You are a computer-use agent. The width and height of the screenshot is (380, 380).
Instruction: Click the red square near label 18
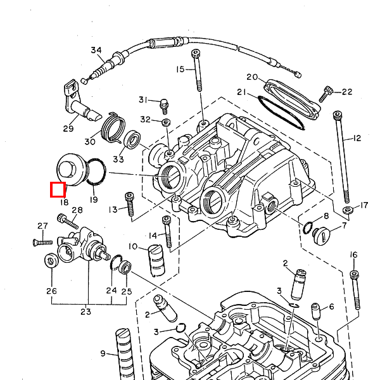(x=58, y=189)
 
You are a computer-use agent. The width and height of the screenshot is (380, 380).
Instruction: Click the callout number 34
(x=96, y=51)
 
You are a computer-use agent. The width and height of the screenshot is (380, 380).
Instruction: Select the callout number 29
(x=68, y=129)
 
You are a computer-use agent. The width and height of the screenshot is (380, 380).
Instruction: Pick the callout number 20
(x=252, y=77)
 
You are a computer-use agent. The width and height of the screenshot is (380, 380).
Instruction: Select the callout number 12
(x=357, y=138)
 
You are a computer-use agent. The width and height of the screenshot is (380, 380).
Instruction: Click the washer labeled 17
(x=347, y=210)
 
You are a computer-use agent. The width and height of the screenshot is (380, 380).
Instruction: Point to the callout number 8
(x=326, y=216)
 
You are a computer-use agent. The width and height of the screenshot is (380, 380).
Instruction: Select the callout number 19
(x=94, y=199)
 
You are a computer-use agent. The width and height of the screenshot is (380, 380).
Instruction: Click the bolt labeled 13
(x=130, y=204)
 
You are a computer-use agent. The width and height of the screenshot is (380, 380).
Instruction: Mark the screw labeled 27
(x=41, y=241)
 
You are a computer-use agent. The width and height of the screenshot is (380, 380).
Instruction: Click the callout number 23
(x=85, y=311)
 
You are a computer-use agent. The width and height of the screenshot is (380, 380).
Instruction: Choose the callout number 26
(x=51, y=291)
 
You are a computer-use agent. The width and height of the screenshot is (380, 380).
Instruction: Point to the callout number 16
(x=353, y=255)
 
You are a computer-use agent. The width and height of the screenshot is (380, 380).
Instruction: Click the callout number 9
(x=103, y=353)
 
